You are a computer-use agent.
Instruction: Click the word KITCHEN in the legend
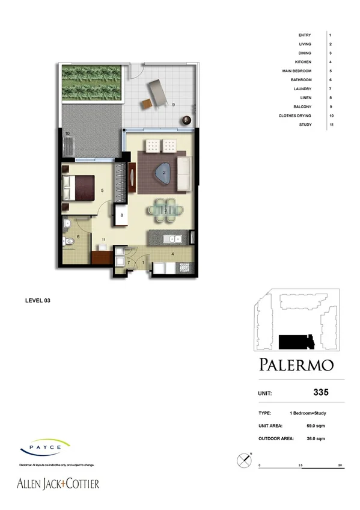[x=302, y=62]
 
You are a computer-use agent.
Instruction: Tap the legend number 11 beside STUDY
[x=331, y=124]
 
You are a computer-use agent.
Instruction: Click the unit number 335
[x=321, y=393]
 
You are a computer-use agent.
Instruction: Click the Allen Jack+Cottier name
[x=57, y=484]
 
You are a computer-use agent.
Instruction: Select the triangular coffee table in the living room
[x=163, y=173]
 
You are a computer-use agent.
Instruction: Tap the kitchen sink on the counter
[x=175, y=240]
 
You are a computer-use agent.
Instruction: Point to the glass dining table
[x=165, y=210]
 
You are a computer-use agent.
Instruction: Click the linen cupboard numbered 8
[x=122, y=215]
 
